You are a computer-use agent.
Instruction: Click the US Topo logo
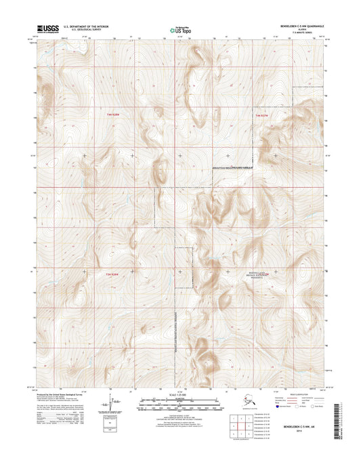click(x=180, y=30)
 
